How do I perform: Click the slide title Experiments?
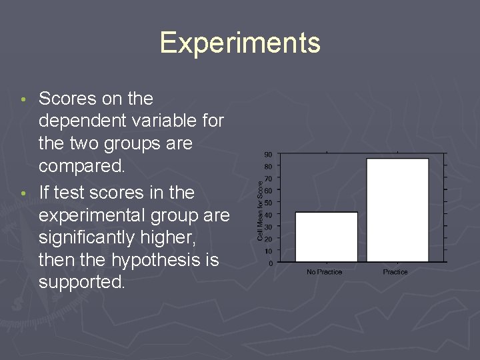tap(240, 43)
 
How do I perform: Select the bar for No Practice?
tap(326, 237)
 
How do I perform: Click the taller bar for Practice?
tap(397, 210)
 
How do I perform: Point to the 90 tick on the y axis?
tap(267, 155)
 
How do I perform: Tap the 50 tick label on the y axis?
tap(267, 203)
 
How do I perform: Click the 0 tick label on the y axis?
tap(269, 263)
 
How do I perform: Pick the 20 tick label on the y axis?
tap(267, 239)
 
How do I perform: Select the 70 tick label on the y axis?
tap(267, 179)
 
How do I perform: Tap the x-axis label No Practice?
tap(325, 272)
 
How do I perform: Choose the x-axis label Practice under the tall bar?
tap(395, 272)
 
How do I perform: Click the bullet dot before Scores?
tap(24, 100)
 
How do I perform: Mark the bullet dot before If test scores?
tap(24, 194)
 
